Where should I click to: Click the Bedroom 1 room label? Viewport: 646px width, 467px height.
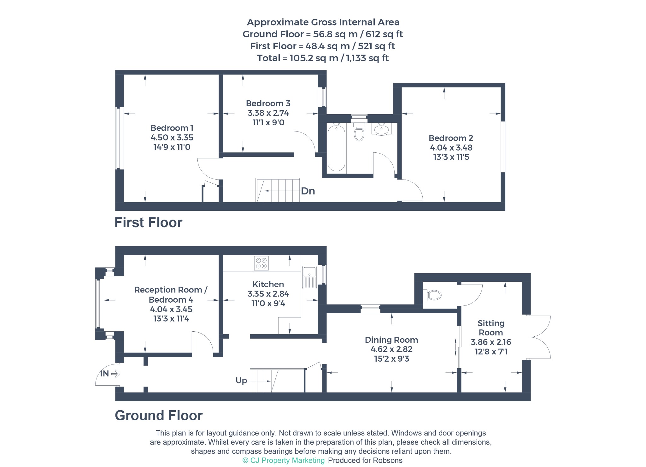point(172,128)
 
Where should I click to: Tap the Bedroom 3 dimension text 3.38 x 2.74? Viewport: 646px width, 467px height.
point(268,113)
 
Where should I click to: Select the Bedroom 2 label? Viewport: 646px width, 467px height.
point(451,138)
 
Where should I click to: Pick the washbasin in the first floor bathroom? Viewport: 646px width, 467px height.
point(382,129)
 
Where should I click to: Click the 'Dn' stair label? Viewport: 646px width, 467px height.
point(308,191)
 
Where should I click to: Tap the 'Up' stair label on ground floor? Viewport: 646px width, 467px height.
point(241,381)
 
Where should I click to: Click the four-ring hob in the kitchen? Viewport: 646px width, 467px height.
point(261,263)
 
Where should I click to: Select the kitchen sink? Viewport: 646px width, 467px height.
point(309,277)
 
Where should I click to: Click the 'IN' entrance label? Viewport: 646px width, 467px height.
point(104,374)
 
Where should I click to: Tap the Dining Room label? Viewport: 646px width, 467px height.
point(391,340)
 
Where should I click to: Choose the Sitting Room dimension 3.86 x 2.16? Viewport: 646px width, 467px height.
point(491,342)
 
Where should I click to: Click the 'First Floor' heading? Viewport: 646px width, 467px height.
point(148,222)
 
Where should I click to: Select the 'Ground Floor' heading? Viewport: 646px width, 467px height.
point(159,415)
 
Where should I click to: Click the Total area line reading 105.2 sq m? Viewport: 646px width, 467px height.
point(323,58)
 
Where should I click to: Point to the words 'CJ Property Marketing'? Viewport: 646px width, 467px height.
point(287,460)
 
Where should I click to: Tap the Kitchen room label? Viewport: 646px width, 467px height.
point(268,284)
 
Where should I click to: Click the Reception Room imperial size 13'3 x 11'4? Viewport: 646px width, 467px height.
point(171,319)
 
